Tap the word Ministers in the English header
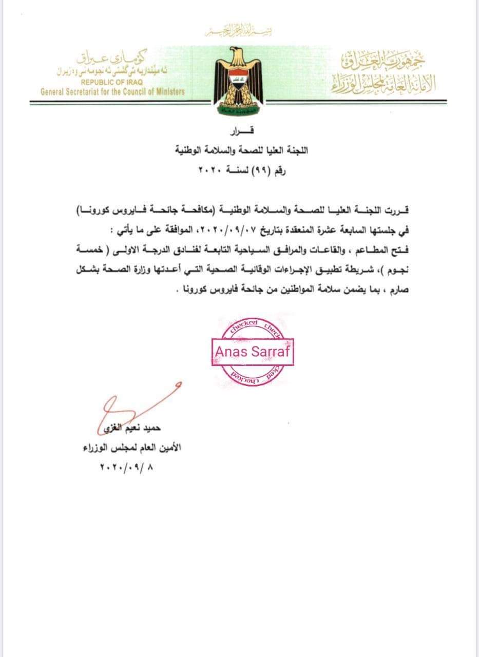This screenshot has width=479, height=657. (165, 92)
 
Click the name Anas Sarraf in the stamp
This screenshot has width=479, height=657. (252, 352)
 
